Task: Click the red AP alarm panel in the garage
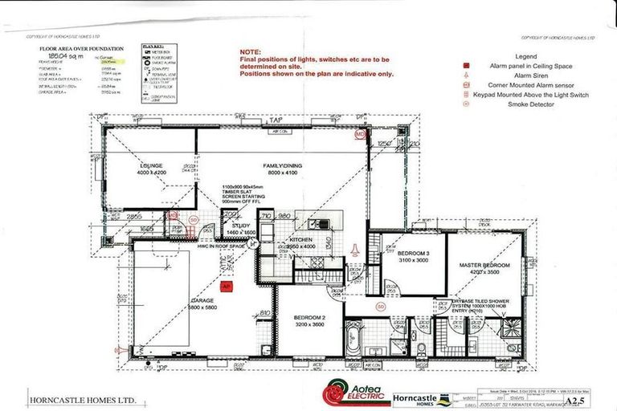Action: click(x=227, y=285)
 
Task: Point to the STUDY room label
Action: click(x=239, y=226)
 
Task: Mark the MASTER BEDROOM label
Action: click(x=484, y=264)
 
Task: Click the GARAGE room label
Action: click(x=204, y=300)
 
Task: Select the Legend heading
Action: click(x=526, y=56)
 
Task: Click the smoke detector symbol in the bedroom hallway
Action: click(x=380, y=306)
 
